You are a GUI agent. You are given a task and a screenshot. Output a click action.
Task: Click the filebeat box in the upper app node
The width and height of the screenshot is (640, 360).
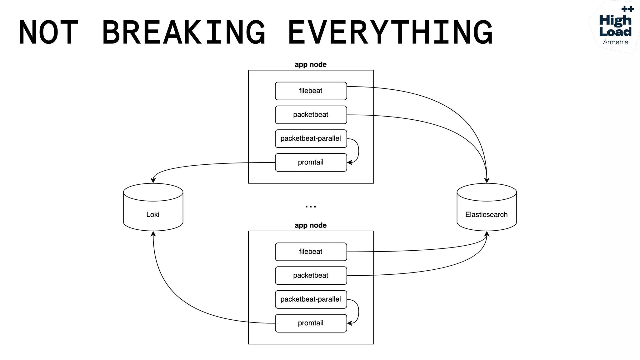click(311, 91)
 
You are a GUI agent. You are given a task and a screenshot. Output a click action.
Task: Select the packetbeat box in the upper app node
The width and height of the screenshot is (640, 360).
click(311, 115)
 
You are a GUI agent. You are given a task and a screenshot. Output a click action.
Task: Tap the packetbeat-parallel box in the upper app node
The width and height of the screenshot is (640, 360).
click(311, 138)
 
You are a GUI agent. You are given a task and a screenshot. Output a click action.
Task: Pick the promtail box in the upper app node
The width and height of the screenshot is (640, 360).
click(311, 162)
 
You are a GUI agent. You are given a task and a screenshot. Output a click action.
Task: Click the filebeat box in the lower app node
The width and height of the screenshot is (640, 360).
click(311, 252)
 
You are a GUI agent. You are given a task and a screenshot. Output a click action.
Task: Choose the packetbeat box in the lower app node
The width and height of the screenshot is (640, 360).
click(311, 275)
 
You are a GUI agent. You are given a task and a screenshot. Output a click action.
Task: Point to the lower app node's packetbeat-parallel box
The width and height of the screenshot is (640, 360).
click(311, 299)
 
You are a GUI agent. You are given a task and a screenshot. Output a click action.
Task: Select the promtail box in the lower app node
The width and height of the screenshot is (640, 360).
click(311, 323)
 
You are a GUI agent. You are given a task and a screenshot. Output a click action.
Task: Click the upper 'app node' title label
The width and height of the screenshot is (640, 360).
click(311, 64)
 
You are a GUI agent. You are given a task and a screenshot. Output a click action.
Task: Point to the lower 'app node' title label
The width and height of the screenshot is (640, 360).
click(311, 225)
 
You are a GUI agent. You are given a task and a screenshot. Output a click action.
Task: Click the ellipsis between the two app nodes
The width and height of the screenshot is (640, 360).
click(311, 207)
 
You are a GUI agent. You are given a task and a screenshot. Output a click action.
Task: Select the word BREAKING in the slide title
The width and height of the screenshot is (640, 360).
click(184, 32)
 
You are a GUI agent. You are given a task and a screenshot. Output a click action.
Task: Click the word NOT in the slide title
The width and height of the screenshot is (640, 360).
click(48, 32)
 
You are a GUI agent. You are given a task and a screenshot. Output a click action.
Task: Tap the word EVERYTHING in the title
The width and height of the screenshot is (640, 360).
click(390, 32)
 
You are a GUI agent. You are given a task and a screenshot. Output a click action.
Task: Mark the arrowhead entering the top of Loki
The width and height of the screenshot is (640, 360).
click(153, 180)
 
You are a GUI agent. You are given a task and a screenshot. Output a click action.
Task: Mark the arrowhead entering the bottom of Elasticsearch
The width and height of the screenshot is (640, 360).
click(487, 234)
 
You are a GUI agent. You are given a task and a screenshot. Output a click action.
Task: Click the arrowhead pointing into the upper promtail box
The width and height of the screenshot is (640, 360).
click(350, 162)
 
